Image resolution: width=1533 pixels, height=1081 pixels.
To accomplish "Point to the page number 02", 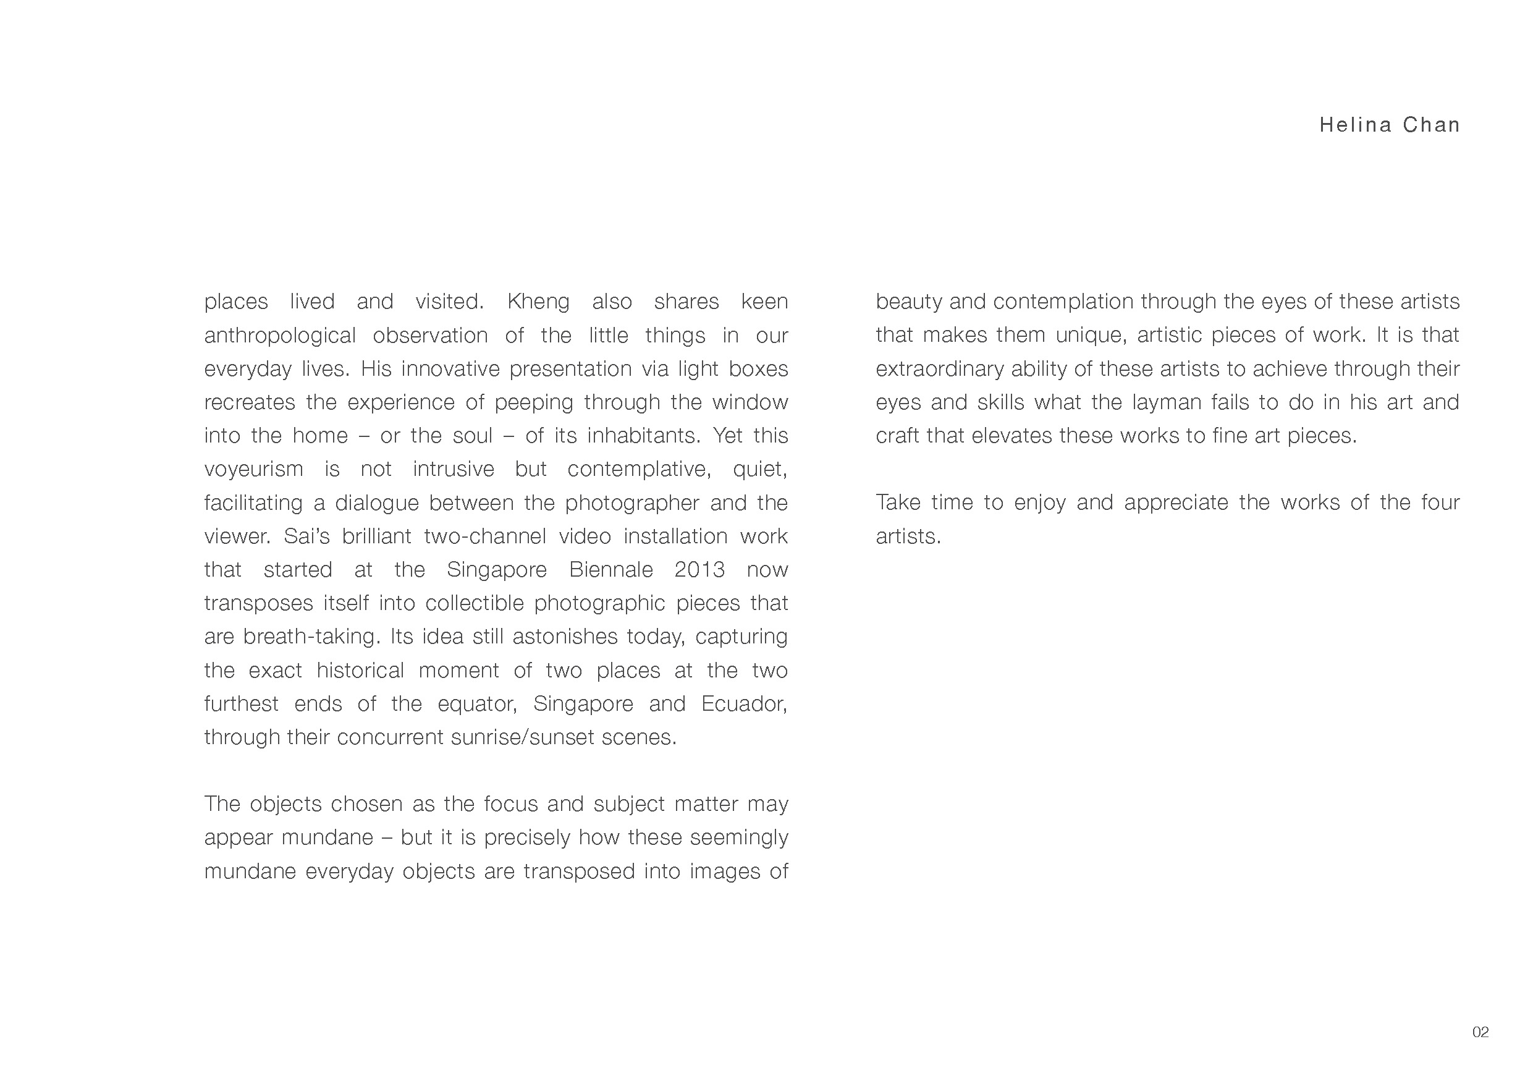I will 1480,1032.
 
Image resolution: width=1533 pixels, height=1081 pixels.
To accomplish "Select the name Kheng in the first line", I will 538,302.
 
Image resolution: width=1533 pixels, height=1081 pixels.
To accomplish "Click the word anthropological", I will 280,336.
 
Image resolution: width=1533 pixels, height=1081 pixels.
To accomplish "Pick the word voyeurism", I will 253,469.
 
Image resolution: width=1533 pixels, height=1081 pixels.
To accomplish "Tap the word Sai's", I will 307,536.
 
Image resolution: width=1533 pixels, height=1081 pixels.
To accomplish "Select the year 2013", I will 699,569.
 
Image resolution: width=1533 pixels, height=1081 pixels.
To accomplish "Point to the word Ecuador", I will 744,704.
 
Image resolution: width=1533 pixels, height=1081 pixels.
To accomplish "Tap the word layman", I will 1167,402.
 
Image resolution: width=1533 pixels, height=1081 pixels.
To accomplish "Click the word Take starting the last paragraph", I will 897,502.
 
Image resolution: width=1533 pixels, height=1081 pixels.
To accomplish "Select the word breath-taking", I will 311,637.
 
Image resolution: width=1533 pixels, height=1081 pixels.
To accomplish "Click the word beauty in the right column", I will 908,302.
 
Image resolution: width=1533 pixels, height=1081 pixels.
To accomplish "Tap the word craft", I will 897,435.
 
